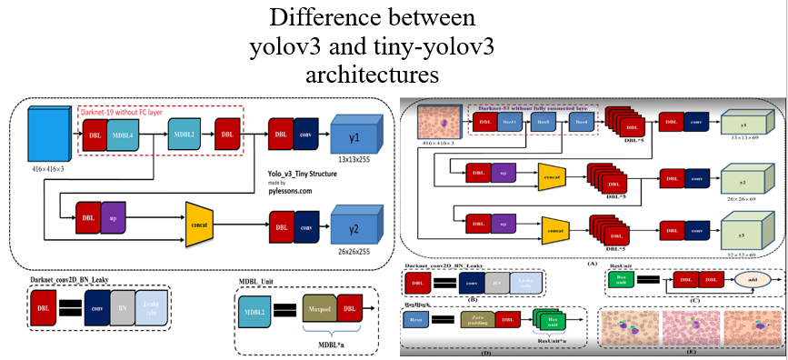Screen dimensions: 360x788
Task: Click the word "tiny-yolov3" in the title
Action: tap(426, 45)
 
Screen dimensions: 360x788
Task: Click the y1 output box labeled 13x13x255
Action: tap(355, 136)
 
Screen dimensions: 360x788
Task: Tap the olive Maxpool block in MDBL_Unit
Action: tap(318, 310)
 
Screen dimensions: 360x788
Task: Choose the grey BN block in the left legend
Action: tap(124, 307)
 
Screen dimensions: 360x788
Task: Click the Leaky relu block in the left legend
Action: tap(152, 307)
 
